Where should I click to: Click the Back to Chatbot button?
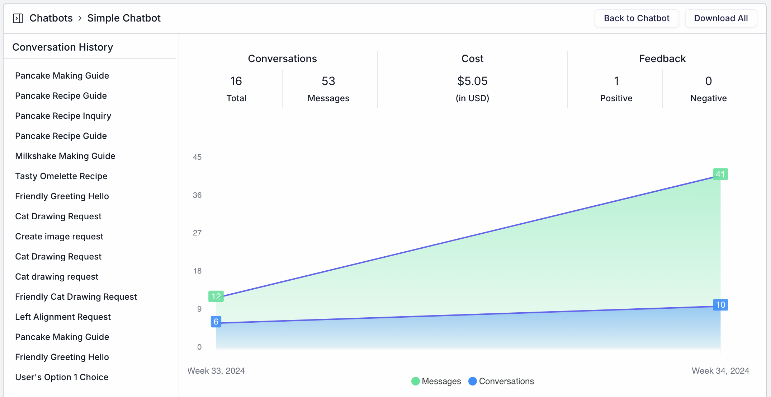click(x=637, y=18)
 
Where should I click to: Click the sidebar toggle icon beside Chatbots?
click(x=18, y=18)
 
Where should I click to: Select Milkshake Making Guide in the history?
click(x=65, y=156)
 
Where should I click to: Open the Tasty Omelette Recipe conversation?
click(x=61, y=176)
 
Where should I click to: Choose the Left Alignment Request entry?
click(x=63, y=317)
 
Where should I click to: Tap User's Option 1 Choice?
click(x=61, y=377)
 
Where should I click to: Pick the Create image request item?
click(x=59, y=237)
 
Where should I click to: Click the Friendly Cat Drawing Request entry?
click(x=76, y=297)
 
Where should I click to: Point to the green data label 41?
click(x=720, y=174)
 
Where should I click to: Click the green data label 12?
click(x=216, y=296)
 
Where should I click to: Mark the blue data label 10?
click(x=720, y=305)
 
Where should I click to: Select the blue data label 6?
click(x=216, y=322)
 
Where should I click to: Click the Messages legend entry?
click(x=436, y=381)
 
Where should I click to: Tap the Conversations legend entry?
click(x=501, y=381)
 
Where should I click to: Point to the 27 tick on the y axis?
click(x=197, y=233)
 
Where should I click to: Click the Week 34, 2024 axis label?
click(x=720, y=371)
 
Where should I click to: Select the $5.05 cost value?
click(x=472, y=81)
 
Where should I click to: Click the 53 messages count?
click(x=328, y=81)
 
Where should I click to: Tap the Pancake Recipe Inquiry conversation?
click(x=63, y=116)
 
